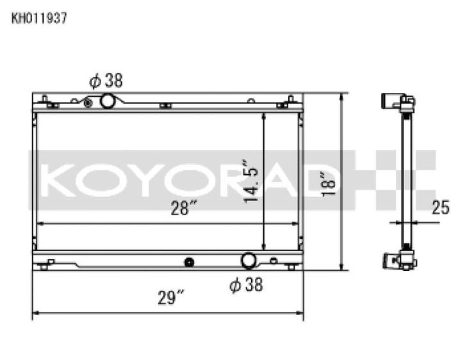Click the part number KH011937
38,18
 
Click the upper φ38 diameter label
106,80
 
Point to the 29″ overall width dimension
171,298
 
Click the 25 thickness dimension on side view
440,207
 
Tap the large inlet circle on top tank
108,101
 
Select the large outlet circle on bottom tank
249,261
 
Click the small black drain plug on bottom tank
188,261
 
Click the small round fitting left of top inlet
88,102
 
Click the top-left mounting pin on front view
45,100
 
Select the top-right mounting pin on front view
291,100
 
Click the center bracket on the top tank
165,105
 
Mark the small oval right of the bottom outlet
273,261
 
